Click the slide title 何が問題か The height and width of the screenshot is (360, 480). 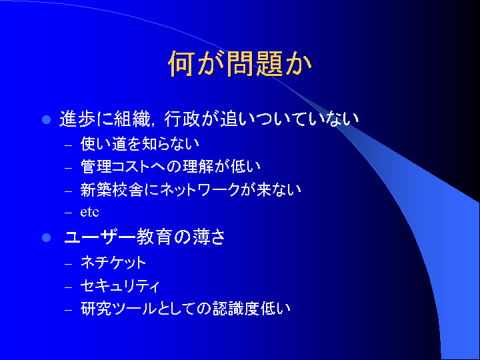coord(240,63)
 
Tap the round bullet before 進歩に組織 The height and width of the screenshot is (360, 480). coord(46,120)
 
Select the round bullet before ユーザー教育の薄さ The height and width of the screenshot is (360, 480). coord(46,237)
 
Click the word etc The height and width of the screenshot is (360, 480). coord(89,212)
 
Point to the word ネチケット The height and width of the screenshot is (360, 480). coord(113,263)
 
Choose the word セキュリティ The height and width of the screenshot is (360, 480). coord(120,286)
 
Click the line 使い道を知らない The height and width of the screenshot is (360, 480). coord(139,144)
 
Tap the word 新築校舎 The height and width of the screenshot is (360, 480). coord(111,190)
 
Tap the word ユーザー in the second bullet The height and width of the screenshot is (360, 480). coord(99,237)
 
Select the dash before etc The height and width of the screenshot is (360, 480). coord(68,213)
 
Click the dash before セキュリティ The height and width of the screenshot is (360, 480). coord(68,287)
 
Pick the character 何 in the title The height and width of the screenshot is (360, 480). coord(181,63)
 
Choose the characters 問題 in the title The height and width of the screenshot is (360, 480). coord(255,63)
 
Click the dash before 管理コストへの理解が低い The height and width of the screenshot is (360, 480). coord(68,168)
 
